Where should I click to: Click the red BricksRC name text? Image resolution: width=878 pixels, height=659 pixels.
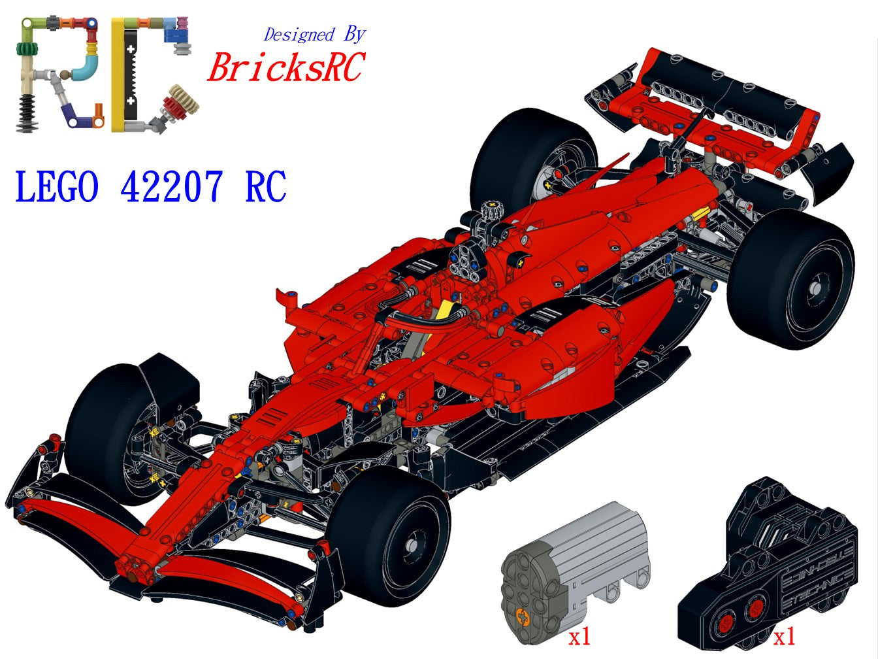tap(285, 67)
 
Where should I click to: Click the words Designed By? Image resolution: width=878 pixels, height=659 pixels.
tap(314, 34)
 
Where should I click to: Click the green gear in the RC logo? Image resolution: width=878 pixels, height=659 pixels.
tap(27, 49)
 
